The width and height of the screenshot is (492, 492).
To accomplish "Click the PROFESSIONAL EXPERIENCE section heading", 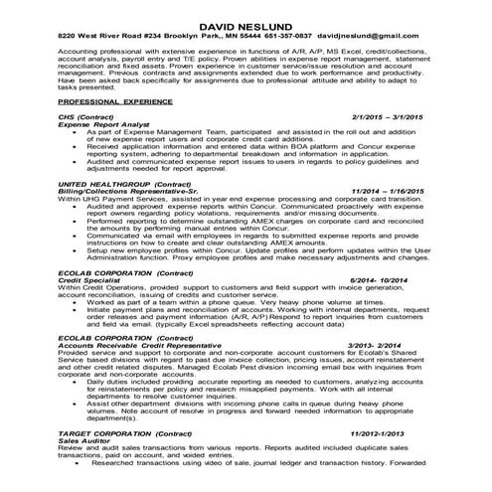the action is coord(108,102).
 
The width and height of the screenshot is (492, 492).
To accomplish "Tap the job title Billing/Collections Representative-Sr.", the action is coord(130,192).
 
